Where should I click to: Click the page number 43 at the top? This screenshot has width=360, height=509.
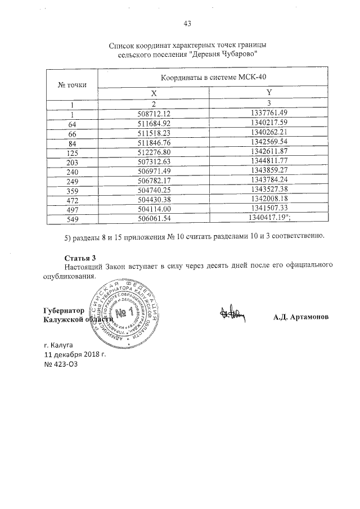click(x=188, y=24)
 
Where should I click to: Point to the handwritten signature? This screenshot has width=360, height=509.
click(x=232, y=316)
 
